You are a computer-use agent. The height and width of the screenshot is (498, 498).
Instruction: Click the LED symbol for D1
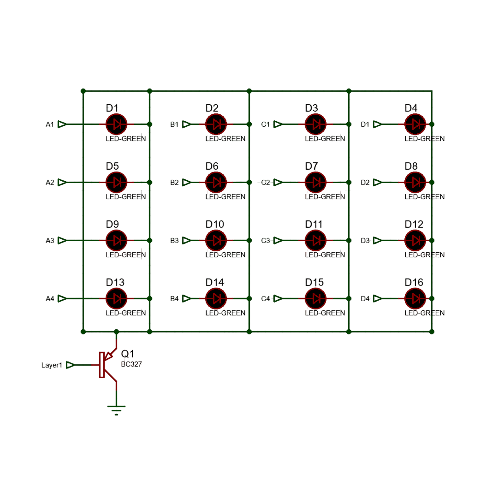116,124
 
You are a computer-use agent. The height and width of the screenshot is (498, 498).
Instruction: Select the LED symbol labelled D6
216,182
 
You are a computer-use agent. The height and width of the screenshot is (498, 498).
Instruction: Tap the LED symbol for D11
315,240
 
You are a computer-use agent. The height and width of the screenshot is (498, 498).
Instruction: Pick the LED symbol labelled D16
415,298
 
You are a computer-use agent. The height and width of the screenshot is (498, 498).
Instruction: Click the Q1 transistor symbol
106,365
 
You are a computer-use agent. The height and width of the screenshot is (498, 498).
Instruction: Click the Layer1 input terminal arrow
70,365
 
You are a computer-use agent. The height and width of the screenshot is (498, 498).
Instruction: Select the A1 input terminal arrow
62,124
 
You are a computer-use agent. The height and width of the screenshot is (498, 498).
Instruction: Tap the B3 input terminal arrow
186,240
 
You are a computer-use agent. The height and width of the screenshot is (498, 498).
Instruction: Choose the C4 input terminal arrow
278,298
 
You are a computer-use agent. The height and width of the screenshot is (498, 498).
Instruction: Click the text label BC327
131,364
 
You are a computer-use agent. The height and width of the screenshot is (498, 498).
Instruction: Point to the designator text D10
215,224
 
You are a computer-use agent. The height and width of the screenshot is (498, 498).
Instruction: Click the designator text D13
115,282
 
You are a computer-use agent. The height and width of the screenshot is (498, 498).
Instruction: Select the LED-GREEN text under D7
325,197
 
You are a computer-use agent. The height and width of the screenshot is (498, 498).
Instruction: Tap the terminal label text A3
50,241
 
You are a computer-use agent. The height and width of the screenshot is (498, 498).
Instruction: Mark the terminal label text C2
266,183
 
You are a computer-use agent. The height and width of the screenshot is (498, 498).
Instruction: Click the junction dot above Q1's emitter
116,332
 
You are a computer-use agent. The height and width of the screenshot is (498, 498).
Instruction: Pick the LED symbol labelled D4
415,124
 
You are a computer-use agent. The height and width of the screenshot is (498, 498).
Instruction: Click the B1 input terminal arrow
186,124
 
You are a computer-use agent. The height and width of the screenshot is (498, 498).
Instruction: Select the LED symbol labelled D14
216,298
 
